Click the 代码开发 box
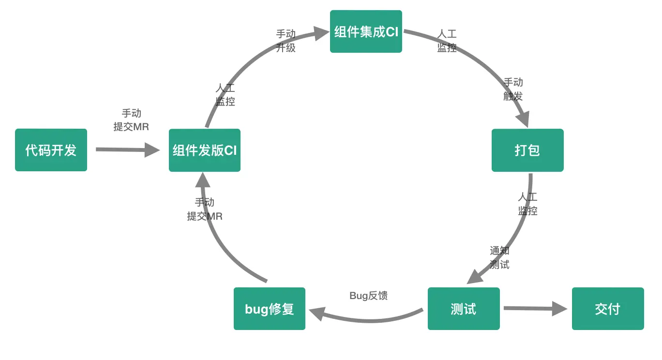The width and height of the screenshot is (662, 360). click(51, 150)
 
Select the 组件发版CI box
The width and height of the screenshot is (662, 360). click(205, 150)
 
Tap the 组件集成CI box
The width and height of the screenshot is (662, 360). click(366, 31)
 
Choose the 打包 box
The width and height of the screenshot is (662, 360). click(527, 150)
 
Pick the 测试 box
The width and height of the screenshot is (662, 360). click(464, 309)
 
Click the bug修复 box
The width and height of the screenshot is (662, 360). click(270, 309)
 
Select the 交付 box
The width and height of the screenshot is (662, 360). click(608, 309)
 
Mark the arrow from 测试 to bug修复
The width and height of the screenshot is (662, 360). click(368, 319)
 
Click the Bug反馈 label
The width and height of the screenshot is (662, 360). click(368, 296)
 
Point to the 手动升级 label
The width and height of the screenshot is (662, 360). click(286, 41)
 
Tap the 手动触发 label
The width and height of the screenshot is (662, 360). click(513, 89)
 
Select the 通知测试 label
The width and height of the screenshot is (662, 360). click(499, 257)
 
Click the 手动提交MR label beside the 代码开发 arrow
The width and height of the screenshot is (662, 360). click(131, 120)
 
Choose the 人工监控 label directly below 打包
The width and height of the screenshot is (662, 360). click(527, 204)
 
